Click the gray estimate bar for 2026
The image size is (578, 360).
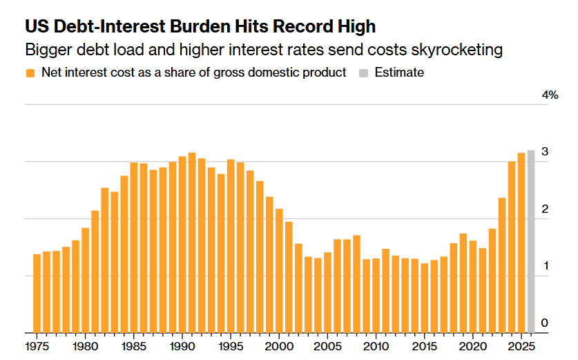(531, 242)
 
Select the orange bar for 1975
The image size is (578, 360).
(37, 294)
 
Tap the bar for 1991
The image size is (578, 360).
(192, 243)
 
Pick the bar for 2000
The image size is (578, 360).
(279, 271)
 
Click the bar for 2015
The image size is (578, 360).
(424, 298)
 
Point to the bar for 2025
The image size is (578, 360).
(521, 243)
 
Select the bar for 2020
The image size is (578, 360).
(473, 287)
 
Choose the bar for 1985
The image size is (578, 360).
(134, 248)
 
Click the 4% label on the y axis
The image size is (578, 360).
(550, 95)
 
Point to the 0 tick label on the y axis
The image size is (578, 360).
(544, 323)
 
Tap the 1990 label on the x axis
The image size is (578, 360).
(182, 346)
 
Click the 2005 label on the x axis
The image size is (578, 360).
(327, 346)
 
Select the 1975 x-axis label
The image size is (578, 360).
(37, 346)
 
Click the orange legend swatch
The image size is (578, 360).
(30, 73)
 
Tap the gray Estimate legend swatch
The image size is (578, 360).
(363, 73)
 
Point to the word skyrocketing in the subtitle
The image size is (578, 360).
(456, 50)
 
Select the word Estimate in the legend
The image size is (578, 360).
(399, 73)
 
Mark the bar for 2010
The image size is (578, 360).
(376, 296)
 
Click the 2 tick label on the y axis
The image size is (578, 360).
(545, 209)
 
